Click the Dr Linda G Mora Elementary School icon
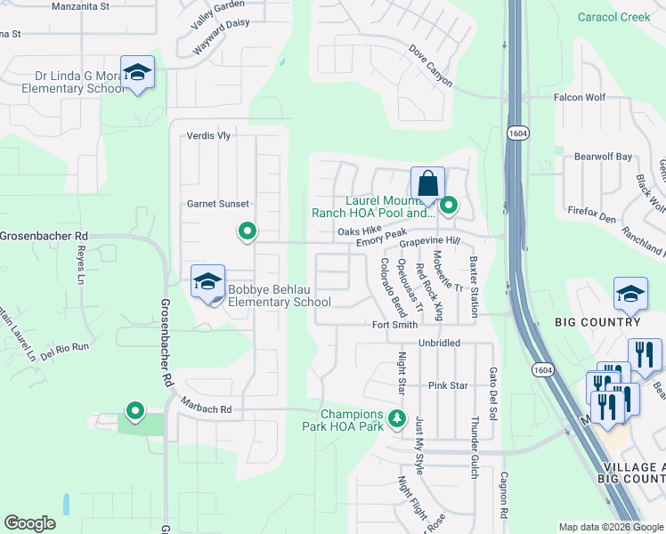point(138,72)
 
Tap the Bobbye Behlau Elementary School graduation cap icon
point(207,282)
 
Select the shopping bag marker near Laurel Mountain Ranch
point(427,183)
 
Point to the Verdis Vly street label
point(208,136)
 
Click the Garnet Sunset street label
point(218,204)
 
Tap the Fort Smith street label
point(394,325)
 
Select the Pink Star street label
point(448,385)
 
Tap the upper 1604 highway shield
point(518,133)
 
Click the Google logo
point(29,523)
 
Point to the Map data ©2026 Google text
point(611,527)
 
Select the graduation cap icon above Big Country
point(629,294)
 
